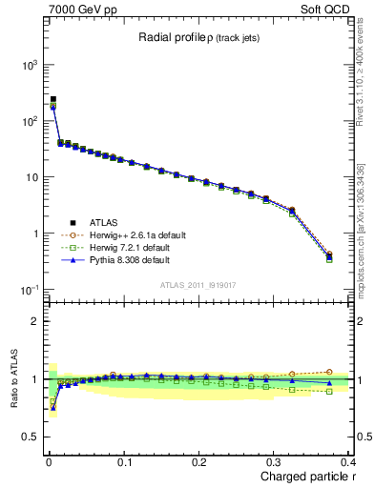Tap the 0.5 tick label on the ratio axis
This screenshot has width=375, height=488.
point(29,437)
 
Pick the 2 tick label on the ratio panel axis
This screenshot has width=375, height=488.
point(33,321)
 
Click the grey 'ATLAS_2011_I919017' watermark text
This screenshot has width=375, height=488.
point(198,284)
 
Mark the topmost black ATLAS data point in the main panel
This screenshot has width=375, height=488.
point(53,99)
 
